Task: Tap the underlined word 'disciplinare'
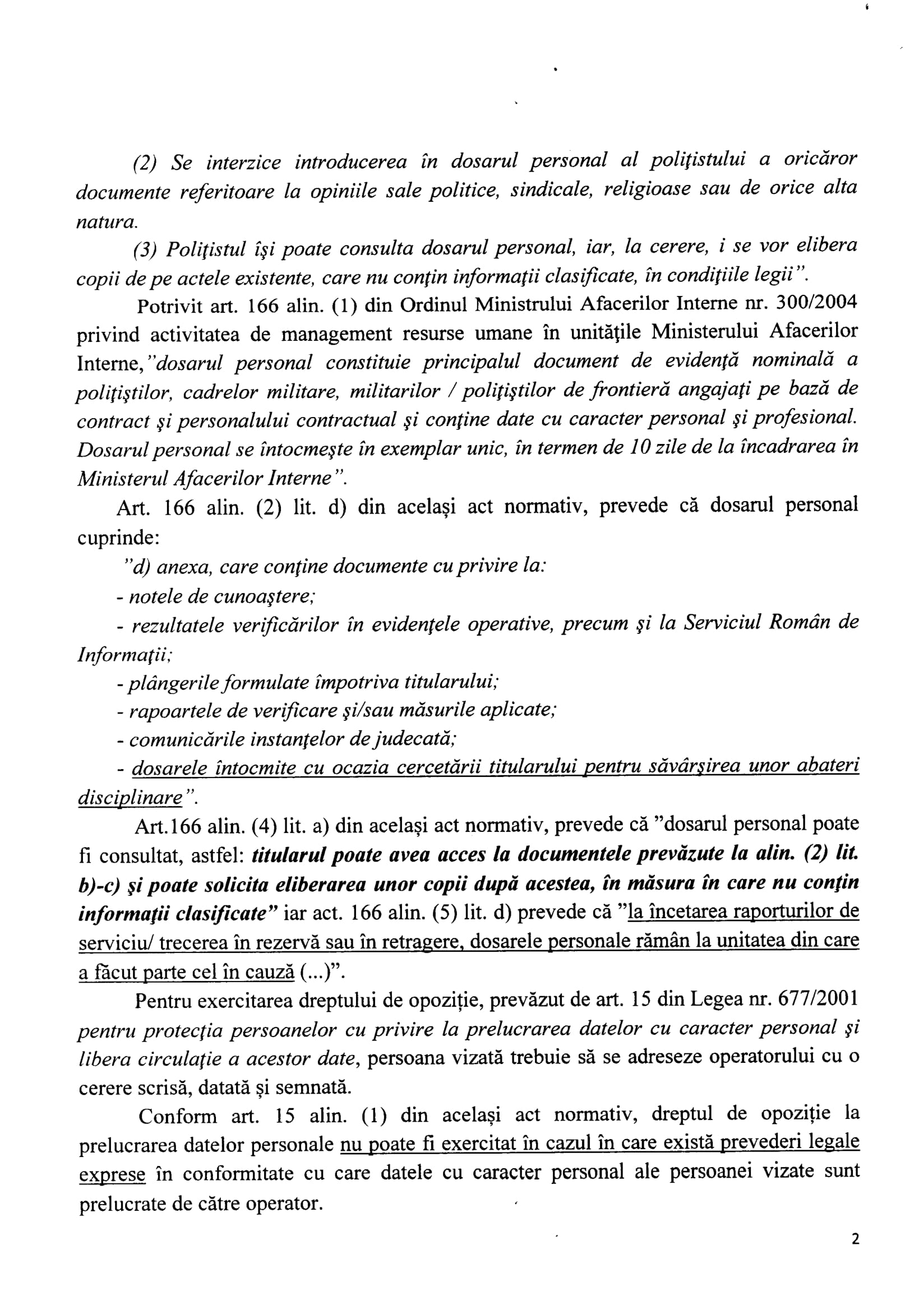[x=130, y=798]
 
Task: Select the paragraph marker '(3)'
[x=145, y=249]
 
